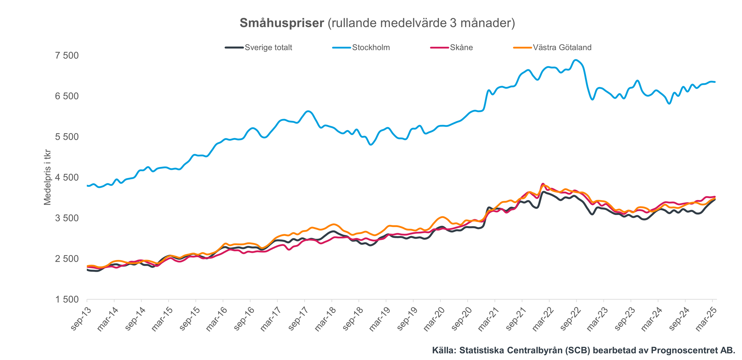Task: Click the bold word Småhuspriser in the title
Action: pyautogui.click(x=282, y=23)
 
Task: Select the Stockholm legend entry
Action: pyautogui.click(x=371, y=47)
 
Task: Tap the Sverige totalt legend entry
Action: pyautogui.click(x=268, y=47)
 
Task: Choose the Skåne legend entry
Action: pyautogui.click(x=461, y=47)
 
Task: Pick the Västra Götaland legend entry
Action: pyautogui.click(x=562, y=47)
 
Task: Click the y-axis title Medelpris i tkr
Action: pyautogui.click(x=47, y=177)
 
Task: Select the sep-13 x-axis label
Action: pyautogui.click(x=79, y=318)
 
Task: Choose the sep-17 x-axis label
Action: pyautogui.click(x=297, y=318)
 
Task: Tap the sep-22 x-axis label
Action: pyautogui.click(x=569, y=318)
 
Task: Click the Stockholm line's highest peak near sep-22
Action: pyautogui.click(x=575, y=60)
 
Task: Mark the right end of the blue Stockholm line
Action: pyautogui.click(x=715, y=82)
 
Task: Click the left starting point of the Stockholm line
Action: pyautogui.click(x=87, y=185)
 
